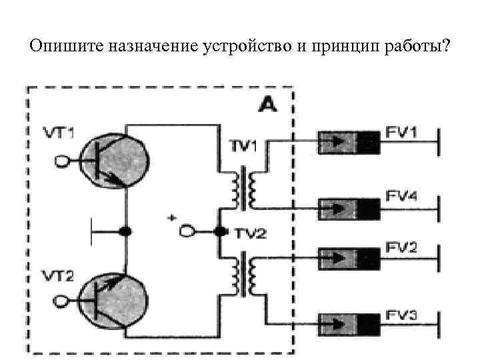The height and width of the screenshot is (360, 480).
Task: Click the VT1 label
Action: pos(58,133)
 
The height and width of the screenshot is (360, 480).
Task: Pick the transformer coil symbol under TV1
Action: pos(243,188)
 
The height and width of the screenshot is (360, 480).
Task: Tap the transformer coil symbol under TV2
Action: pos(243,275)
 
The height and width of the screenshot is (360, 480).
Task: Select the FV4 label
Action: pos(401,195)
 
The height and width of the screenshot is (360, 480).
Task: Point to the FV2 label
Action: pos(401,247)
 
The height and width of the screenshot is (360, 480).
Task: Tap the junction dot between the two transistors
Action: pos(125,231)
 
